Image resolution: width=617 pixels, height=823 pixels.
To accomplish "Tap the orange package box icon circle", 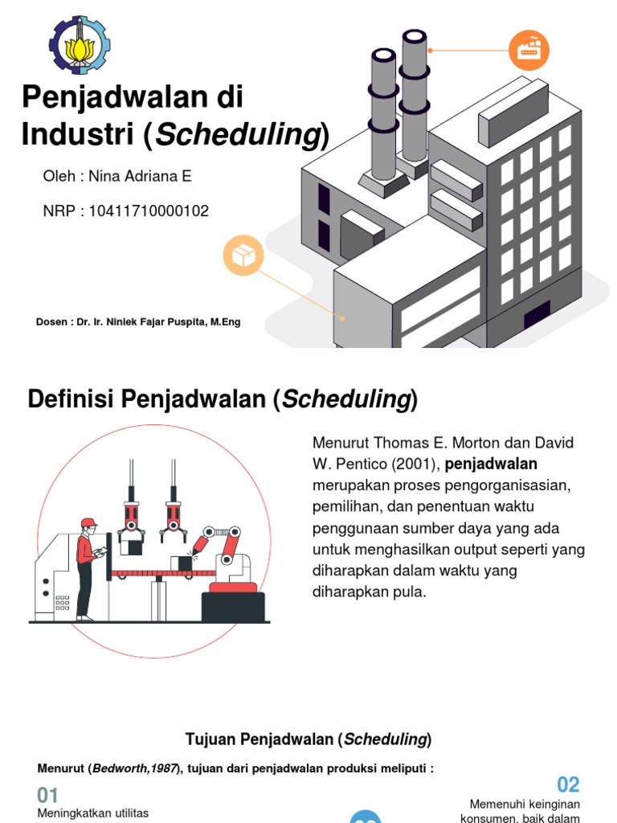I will pos(243,256).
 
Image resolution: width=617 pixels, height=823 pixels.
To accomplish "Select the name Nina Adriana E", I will pos(141,176).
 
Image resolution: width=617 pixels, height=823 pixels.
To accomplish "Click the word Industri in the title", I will pos(78,135).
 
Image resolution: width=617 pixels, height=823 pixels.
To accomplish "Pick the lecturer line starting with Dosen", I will pos(138,322).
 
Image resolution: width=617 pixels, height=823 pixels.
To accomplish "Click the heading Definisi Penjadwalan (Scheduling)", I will pos(223,399).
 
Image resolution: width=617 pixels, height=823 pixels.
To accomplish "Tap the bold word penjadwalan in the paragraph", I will pos(491,464).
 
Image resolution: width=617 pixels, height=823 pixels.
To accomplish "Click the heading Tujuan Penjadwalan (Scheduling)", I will pos(308,739).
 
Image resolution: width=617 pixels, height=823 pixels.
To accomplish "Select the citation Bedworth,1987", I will pos(134,768).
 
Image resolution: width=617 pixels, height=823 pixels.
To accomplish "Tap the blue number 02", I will pos(568,784).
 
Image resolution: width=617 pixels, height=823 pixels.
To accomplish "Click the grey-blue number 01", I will pos(48,796).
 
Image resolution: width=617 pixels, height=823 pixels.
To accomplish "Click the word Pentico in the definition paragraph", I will pos(363,464).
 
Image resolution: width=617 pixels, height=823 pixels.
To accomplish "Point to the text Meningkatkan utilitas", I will pos(93,814).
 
